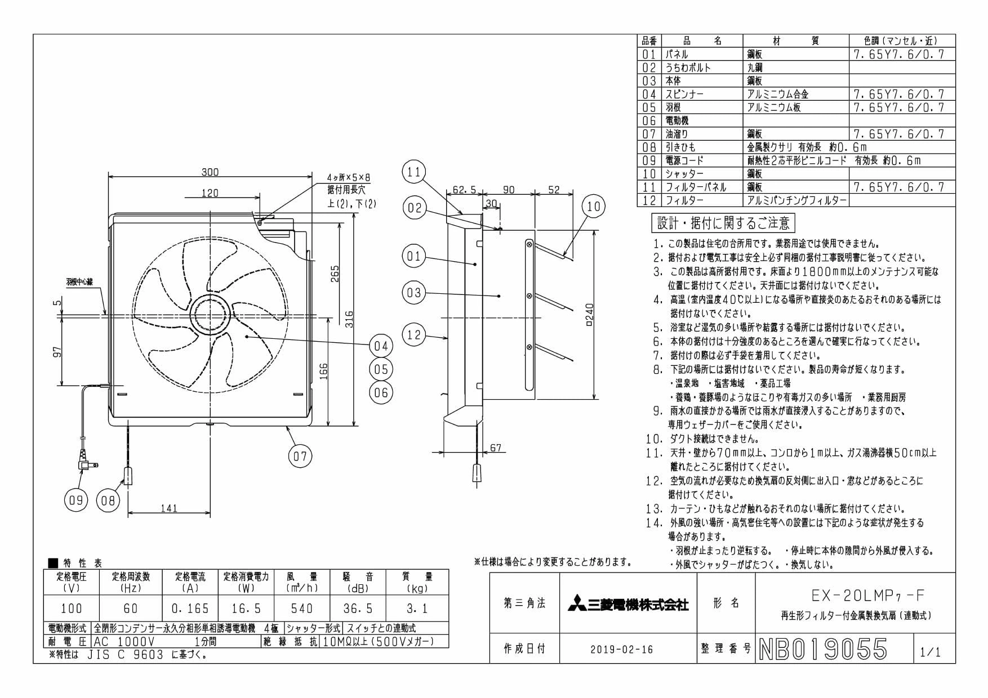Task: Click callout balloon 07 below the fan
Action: click(x=300, y=455)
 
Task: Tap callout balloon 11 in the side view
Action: click(x=414, y=171)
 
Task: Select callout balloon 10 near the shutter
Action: click(x=594, y=207)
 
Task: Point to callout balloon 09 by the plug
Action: click(x=76, y=500)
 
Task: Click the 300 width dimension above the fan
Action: click(x=210, y=172)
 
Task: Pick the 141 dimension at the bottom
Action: click(x=169, y=508)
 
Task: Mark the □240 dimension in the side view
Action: click(x=590, y=315)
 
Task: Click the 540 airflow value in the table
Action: click(x=302, y=608)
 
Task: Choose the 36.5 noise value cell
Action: click(x=358, y=608)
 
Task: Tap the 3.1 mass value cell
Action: click(x=417, y=608)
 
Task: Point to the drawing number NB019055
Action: click(x=823, y=649)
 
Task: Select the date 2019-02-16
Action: click(x=622, y=650)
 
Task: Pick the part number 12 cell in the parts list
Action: click(x=649, y=200)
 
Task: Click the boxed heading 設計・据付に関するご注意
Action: click(x=723, y=223)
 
